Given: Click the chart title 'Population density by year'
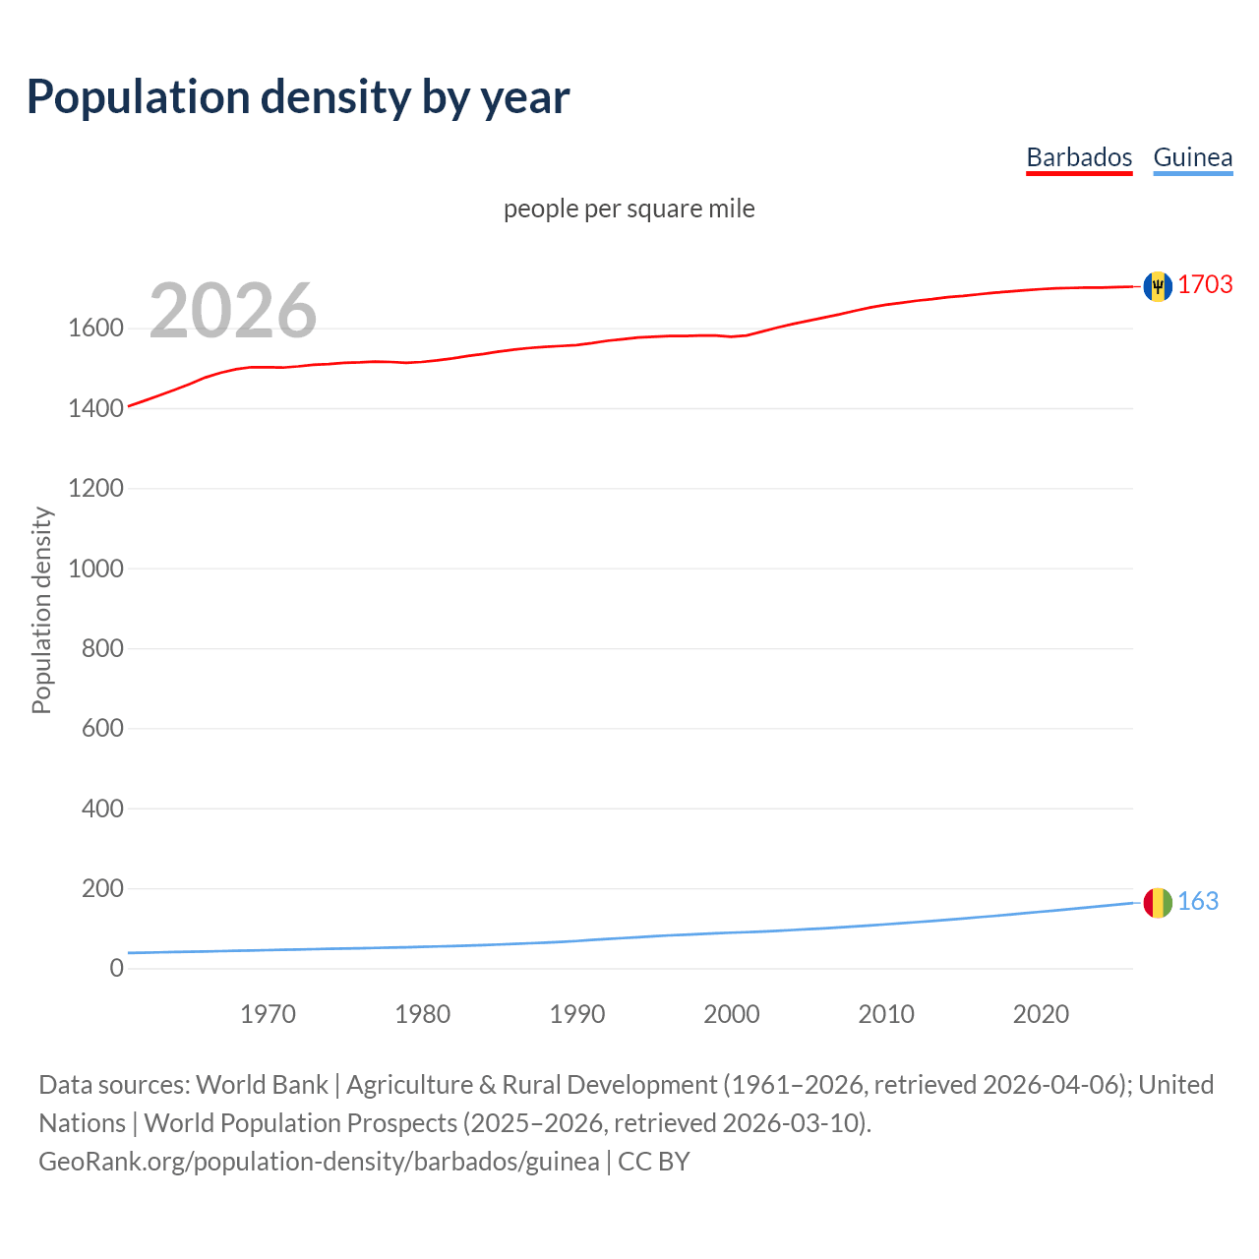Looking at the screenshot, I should tap(298, 97).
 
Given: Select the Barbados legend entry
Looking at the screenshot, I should tap(1079, 157).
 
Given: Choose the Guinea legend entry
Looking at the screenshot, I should tap(1192, 157).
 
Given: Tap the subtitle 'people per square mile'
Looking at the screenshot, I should tap(629, 210).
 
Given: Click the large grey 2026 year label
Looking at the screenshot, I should tap(233, 311).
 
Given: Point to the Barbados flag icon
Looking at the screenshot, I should tap(1158, 286).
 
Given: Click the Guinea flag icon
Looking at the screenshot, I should tap(1158, 902).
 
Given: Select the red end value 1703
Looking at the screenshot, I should tap(1205, 284).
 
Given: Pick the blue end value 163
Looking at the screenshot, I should tap(1198, 901).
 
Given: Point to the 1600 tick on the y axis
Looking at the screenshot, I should tap(95, 329).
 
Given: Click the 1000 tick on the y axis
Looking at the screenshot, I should tap(95, 569).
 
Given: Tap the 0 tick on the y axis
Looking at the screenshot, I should tap(116, 969).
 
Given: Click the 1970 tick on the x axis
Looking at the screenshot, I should tap(268, 1014).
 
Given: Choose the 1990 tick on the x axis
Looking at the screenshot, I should tap(577, 1014).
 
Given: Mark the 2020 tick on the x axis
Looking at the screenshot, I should tap(1041, 1014).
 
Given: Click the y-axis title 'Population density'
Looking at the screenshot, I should tap(41, 610).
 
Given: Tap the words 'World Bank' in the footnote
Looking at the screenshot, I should tap(262, 1085).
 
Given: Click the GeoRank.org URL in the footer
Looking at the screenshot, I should tap(319, 1162).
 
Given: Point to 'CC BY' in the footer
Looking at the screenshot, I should tap(654, 1162).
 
